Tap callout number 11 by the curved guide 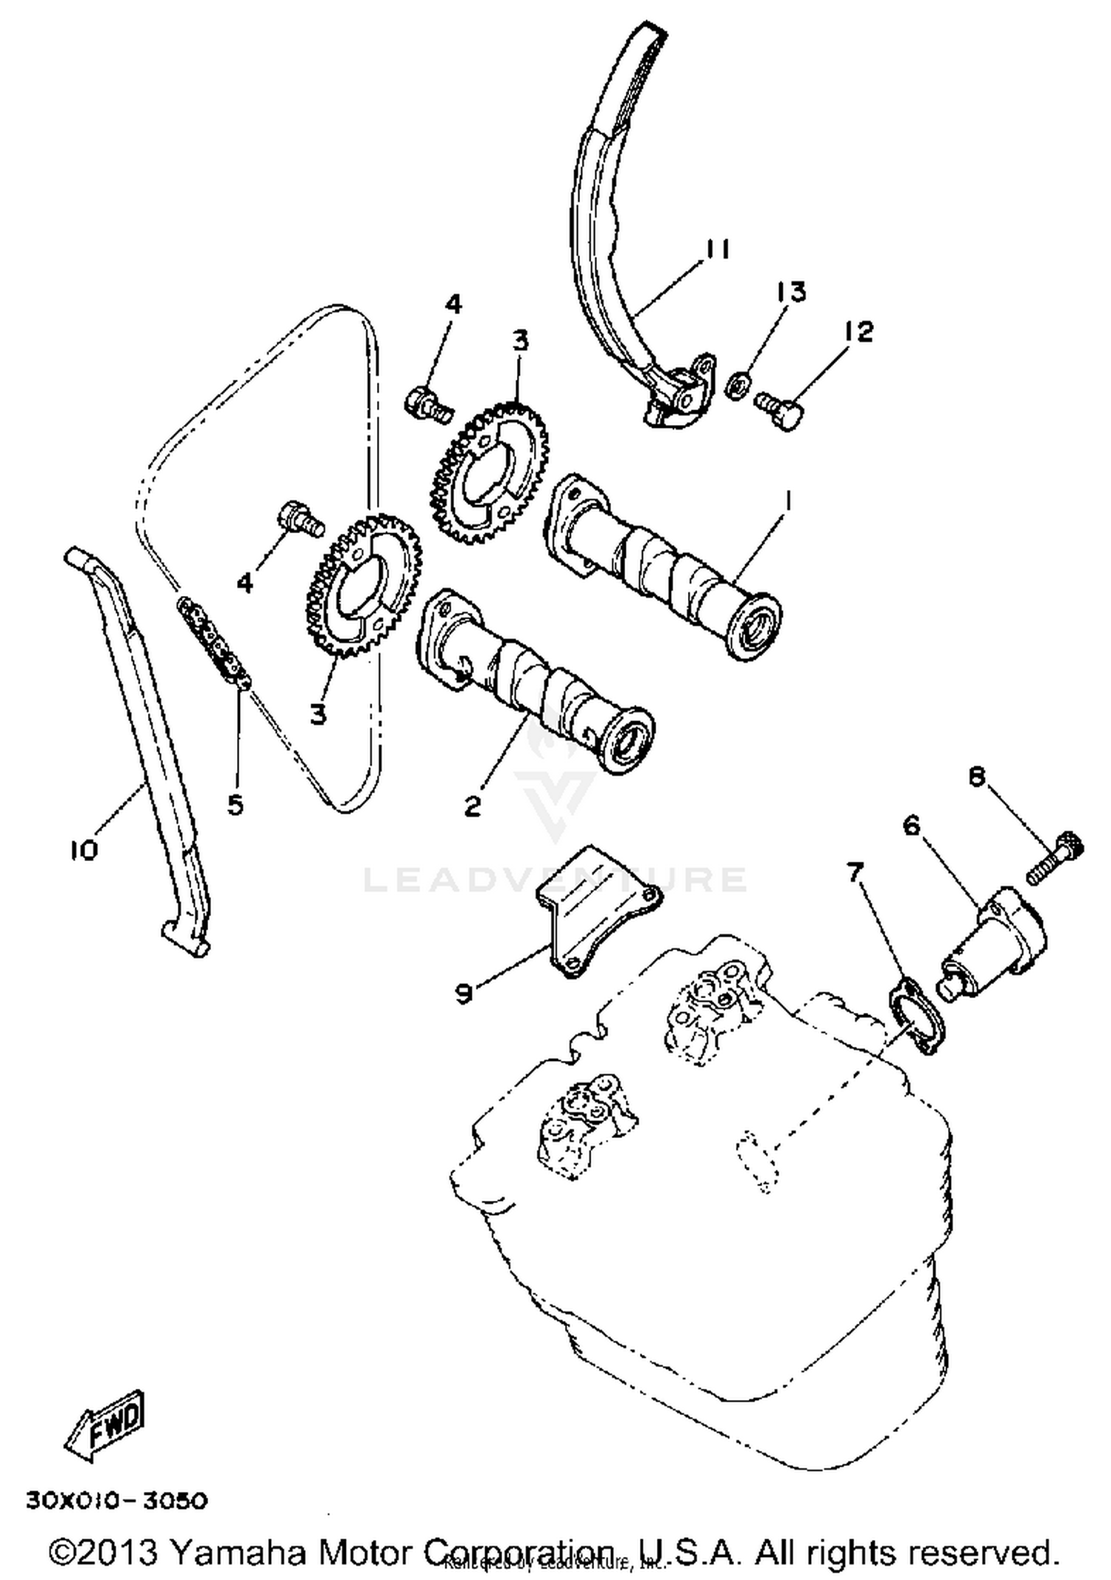[715, 250]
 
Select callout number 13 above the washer [790, 292]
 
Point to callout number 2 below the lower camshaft [473, 805]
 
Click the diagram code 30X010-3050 [117, 1501]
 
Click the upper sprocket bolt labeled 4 [429, 403]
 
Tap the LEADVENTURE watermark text [555, 880]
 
